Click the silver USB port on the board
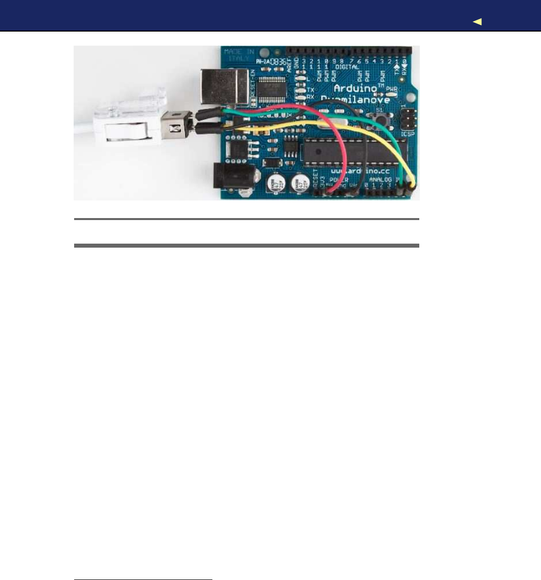(224, 87)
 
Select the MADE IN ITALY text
(239, 55)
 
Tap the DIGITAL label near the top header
(347, 67)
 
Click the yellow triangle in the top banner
(477, 22)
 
